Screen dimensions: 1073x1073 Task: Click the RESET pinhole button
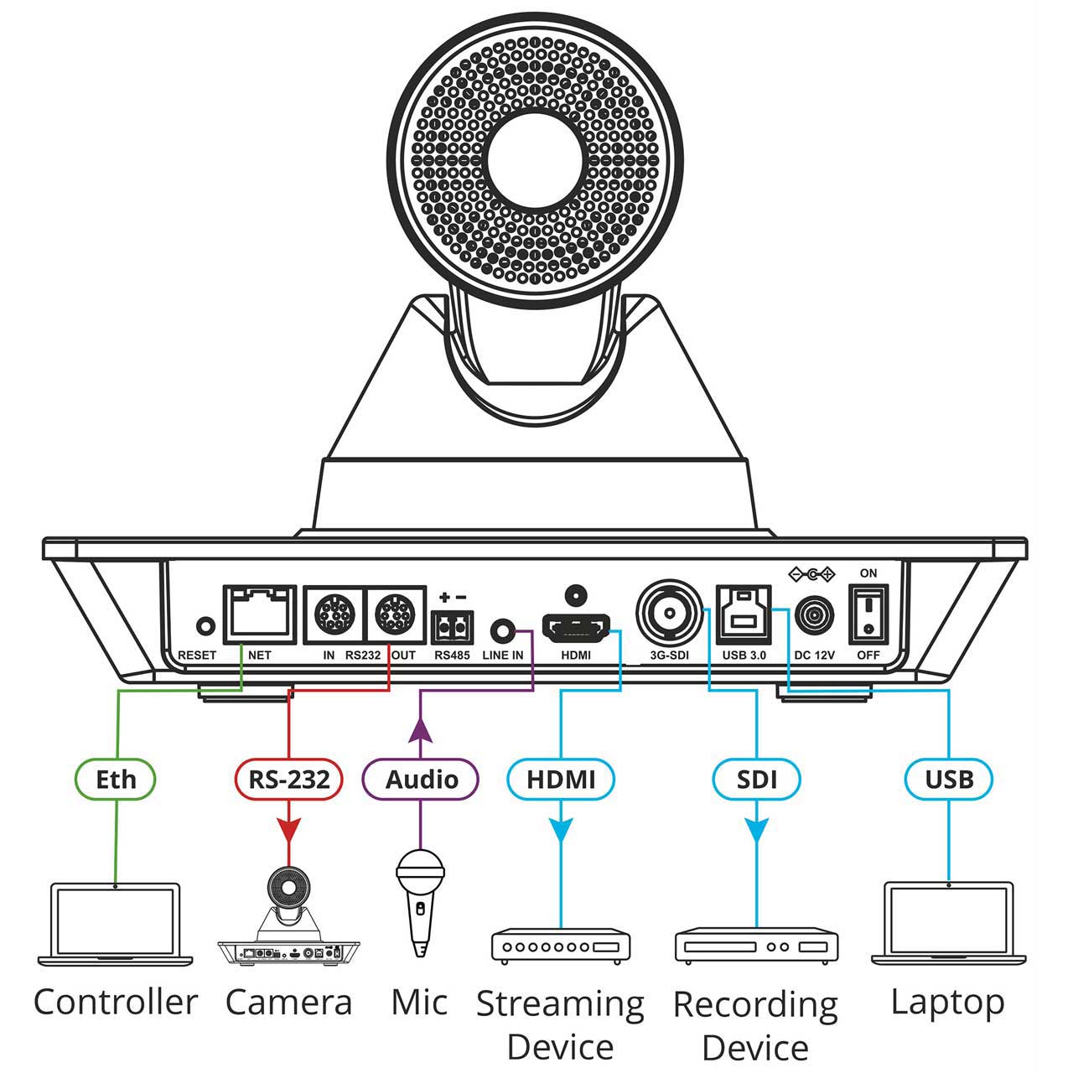click(x=206, y=626)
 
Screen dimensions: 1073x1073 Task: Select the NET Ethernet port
click(x=260, y=614)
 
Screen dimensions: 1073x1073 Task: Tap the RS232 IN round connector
click(x=334, y=614)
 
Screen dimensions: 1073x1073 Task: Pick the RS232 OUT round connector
click(x=395, y=614)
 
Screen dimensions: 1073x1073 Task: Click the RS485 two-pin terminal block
click(x=452, y=628)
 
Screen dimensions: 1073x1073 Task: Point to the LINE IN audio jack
click(x=502, y=631)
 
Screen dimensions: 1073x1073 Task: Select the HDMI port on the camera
click(x=576, y=628)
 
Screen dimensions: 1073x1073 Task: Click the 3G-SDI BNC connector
click(x=670, y=614)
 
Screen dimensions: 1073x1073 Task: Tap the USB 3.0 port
click(x=744, y=614)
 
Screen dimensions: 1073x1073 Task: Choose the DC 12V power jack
click(x=814, y=616)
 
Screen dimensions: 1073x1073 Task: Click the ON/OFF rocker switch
click(x=868, y=614)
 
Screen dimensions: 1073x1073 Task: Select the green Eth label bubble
click(x=115, y=780)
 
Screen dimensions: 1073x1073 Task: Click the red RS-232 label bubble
click(x=289, y=780)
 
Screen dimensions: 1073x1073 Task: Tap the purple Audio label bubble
click(x=421, y=780)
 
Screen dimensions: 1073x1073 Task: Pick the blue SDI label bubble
click(x=756, y=780)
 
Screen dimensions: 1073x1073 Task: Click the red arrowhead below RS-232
click(x=289, y=831)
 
